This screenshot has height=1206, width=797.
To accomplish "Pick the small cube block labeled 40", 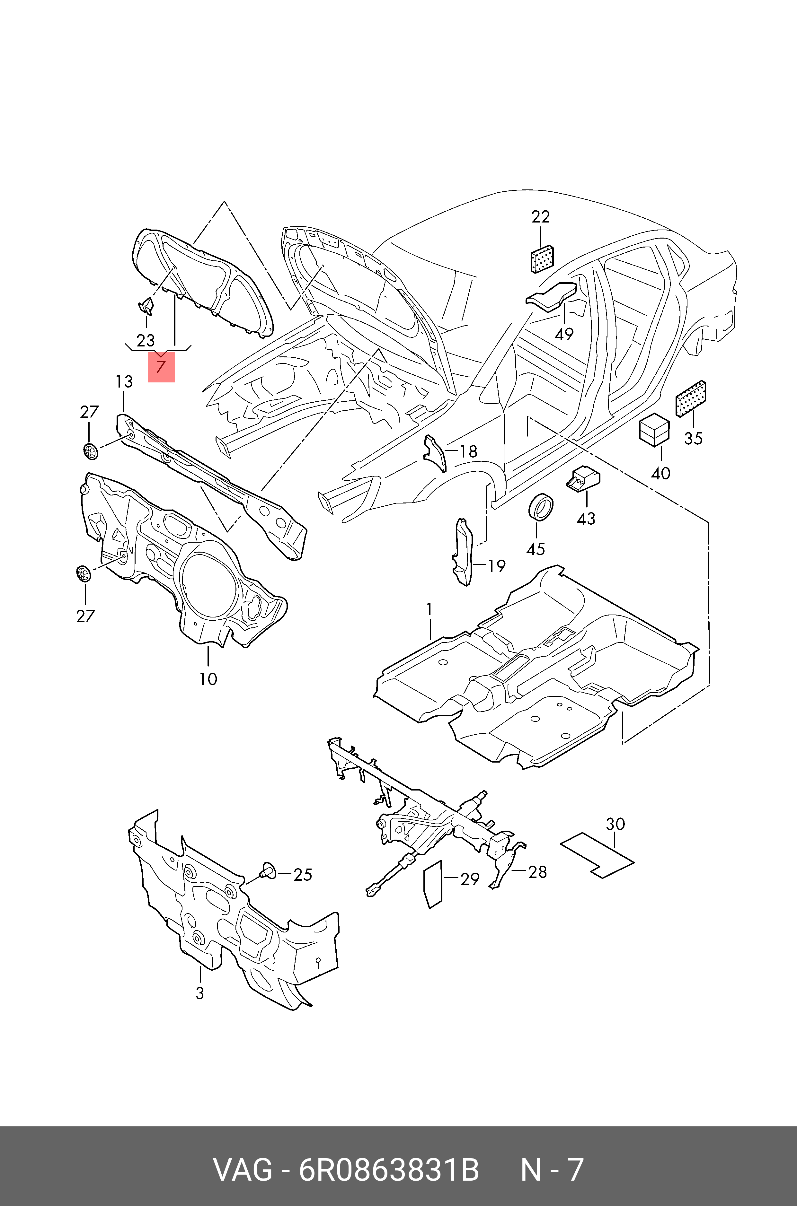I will pyautogui.click(x=654, y=429).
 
